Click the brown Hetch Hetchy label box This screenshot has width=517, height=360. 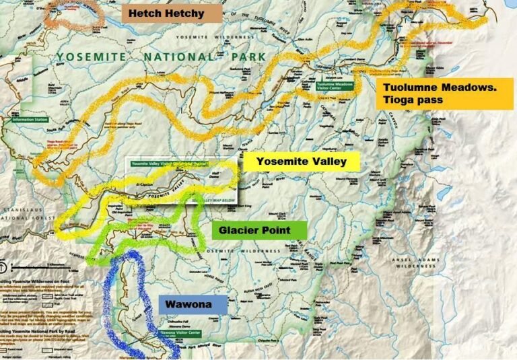(x=172, y=13)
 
